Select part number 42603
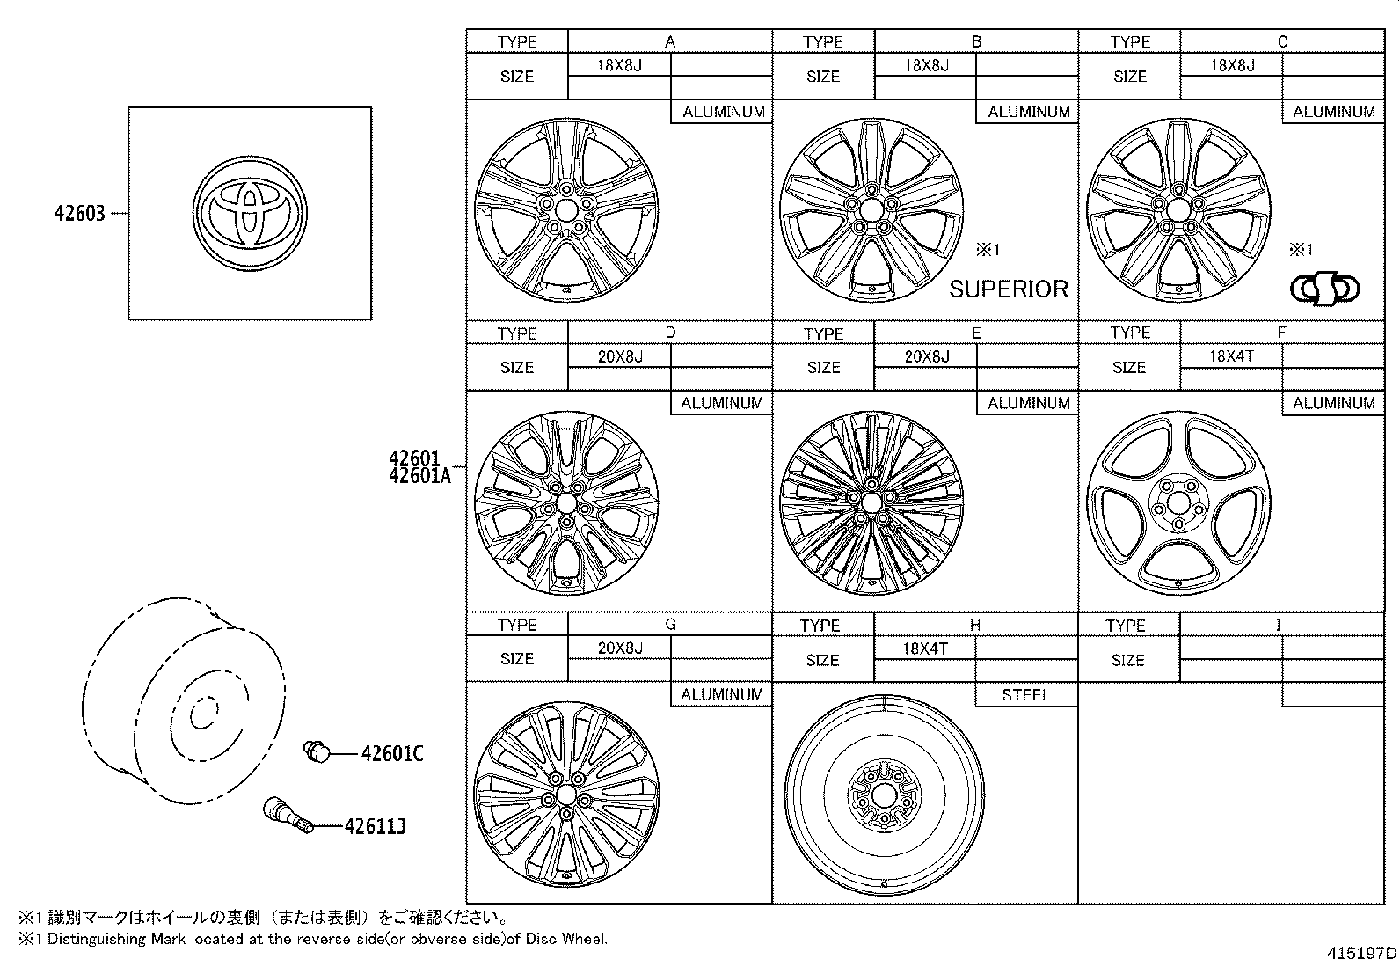point(80,213)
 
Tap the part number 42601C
point(392,754)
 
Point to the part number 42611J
point(376,826)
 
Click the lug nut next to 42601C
point(317,751)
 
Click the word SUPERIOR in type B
point(1009,289)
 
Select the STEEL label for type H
point(1026,695)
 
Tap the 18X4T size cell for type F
point(1231,356)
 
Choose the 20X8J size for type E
point(927,356)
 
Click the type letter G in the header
point(670,625)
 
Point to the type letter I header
point(1279,625)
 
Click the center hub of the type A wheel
point(565,209)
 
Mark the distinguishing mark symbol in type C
point(1324,289)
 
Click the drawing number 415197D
point(1362,953)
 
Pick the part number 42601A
point(419,476)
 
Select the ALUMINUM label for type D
point(722,403)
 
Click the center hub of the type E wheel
point(871,502)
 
